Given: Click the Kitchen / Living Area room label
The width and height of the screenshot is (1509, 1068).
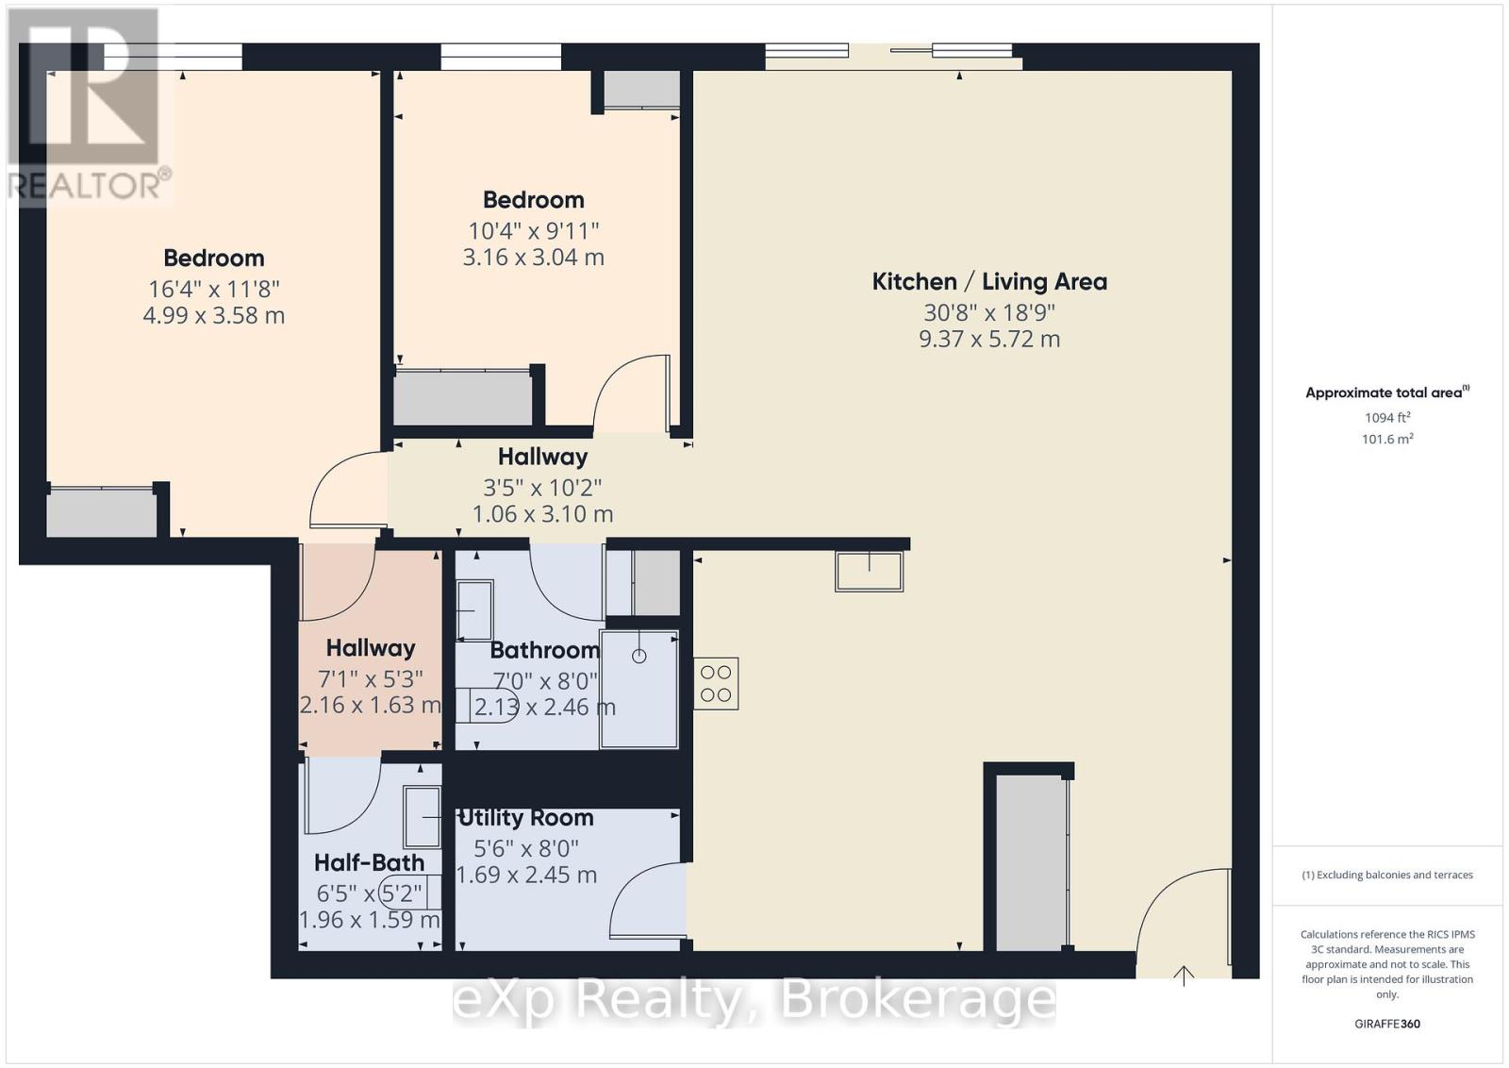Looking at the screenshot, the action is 989,282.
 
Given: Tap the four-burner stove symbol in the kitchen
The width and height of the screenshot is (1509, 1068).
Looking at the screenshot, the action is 716,683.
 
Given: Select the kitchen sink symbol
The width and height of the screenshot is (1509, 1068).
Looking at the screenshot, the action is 869,572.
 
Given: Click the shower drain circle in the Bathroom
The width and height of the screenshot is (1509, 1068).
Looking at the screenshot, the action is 639,656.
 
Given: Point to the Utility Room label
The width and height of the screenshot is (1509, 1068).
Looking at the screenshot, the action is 525,817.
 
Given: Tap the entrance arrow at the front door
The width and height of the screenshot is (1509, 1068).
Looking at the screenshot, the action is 1184,976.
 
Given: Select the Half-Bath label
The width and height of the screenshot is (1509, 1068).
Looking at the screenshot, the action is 369,862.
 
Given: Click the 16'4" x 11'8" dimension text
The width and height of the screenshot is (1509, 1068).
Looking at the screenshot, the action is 213,289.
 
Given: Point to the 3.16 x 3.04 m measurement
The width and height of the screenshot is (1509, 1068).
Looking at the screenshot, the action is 533,258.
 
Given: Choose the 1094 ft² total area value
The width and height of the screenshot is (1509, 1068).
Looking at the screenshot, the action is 1387,418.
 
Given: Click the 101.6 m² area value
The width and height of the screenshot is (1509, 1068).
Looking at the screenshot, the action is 1387,440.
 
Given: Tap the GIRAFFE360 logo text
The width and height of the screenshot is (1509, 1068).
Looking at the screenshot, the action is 1387,1025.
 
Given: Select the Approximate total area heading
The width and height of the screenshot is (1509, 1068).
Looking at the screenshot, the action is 1387,392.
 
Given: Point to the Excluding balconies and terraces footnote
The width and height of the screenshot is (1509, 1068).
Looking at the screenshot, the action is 1387,876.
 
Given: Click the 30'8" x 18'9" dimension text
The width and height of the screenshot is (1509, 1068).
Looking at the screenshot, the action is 989,312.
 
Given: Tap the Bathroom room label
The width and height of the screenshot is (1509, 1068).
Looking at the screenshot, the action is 544,650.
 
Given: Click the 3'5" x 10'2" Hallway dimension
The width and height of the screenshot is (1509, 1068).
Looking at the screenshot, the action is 542,487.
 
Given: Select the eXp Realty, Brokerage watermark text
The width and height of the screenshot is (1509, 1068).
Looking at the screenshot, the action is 754,1000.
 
